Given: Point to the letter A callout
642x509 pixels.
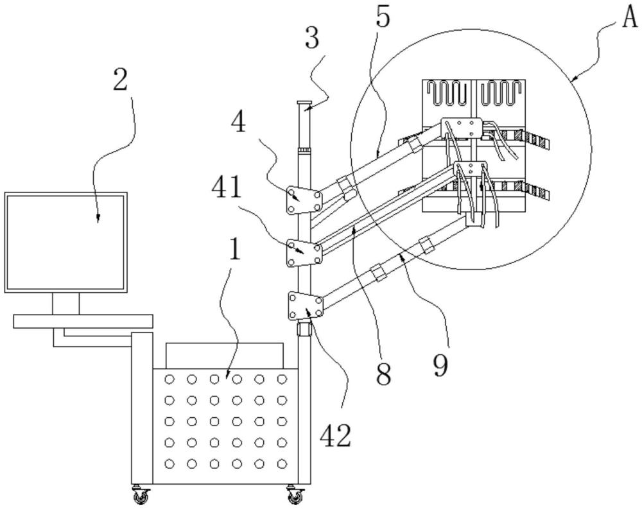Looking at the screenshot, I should pos(629,16).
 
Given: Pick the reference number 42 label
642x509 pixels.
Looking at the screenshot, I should pos(335,436).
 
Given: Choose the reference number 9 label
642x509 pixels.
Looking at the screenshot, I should pos(439,363).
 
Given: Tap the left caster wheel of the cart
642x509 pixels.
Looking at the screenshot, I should pos(141,496).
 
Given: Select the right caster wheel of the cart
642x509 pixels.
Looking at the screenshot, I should pos(295,496).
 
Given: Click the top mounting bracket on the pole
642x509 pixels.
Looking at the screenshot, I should pos(302,201).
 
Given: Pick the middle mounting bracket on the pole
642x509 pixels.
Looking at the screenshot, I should pos(302,253).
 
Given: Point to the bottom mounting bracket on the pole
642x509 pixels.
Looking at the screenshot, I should pos(304,306).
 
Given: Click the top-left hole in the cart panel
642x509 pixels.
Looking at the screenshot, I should pos(169,379).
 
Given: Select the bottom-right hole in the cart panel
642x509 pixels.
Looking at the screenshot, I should pos(281,463).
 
